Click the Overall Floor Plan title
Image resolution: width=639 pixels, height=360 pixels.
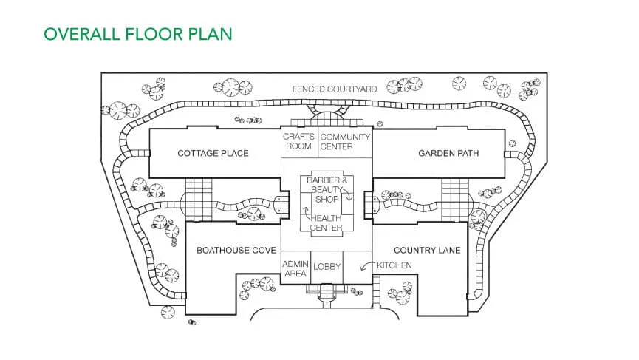coord(137,34)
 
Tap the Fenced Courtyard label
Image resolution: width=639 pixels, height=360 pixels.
coord(335,89)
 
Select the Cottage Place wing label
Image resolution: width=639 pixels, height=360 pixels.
coord(213,154)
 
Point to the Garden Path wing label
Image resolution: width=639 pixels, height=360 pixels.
coord(448,154)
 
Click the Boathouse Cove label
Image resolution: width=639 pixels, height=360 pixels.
coord(236,251)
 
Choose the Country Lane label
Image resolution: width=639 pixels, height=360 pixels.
coord(427,251)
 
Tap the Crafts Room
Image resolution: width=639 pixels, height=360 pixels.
coord(299,141)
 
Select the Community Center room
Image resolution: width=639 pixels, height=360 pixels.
coord(346,141)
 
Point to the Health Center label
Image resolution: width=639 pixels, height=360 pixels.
coord(327,223)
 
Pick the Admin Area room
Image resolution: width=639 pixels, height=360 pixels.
coord(295,267)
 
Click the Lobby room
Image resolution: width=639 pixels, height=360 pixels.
coord(327,267)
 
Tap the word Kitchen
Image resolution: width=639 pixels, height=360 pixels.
coord(394,265)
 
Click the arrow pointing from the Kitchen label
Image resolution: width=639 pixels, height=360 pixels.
coord(364,268)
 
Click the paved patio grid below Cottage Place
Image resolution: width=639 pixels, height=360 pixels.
coord(198,200)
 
